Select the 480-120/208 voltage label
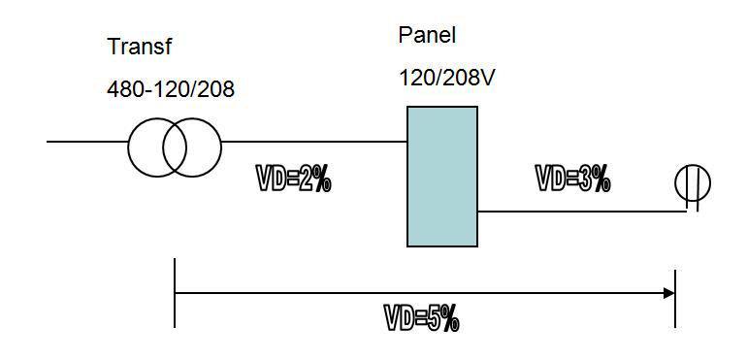pos(171,90)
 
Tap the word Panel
pos(427,36)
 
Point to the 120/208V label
pos(447,77)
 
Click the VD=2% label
pos(293,179)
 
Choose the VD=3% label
pos(572,179)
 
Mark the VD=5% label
pos(421,318)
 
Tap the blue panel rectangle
pos(441,176)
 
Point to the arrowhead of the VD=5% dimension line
pos(668,293)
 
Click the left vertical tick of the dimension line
pos(175,293)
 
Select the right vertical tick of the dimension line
pos(675,296)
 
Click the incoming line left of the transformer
pos(87,142)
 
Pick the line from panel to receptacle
pos(582,211)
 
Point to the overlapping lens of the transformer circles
pos(175,146)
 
